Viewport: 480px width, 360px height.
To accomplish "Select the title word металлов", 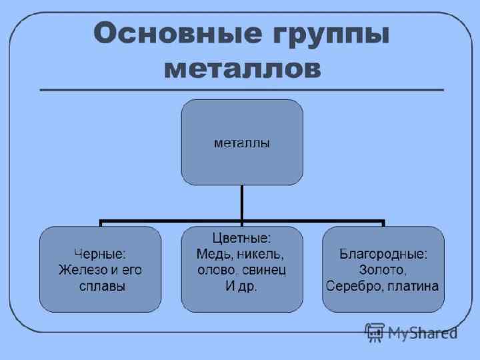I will (x=241, y=68).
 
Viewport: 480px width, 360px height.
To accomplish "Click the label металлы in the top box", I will (x=241, y=143).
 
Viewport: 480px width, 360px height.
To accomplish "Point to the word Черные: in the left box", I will (x=100, y=253).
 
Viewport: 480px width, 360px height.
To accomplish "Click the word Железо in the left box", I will (x=79, y=270).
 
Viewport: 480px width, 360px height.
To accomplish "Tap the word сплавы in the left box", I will (x=100, y=287).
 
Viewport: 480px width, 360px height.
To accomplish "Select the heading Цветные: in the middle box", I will (x=241, y=237).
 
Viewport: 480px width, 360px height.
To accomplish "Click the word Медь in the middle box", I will (x=213, y=254).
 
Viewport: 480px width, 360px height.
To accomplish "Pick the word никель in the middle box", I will (x=261, y=254).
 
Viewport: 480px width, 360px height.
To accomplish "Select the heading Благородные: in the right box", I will (x=383, y=253).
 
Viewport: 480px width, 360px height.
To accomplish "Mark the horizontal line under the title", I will (x=241, y=89).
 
